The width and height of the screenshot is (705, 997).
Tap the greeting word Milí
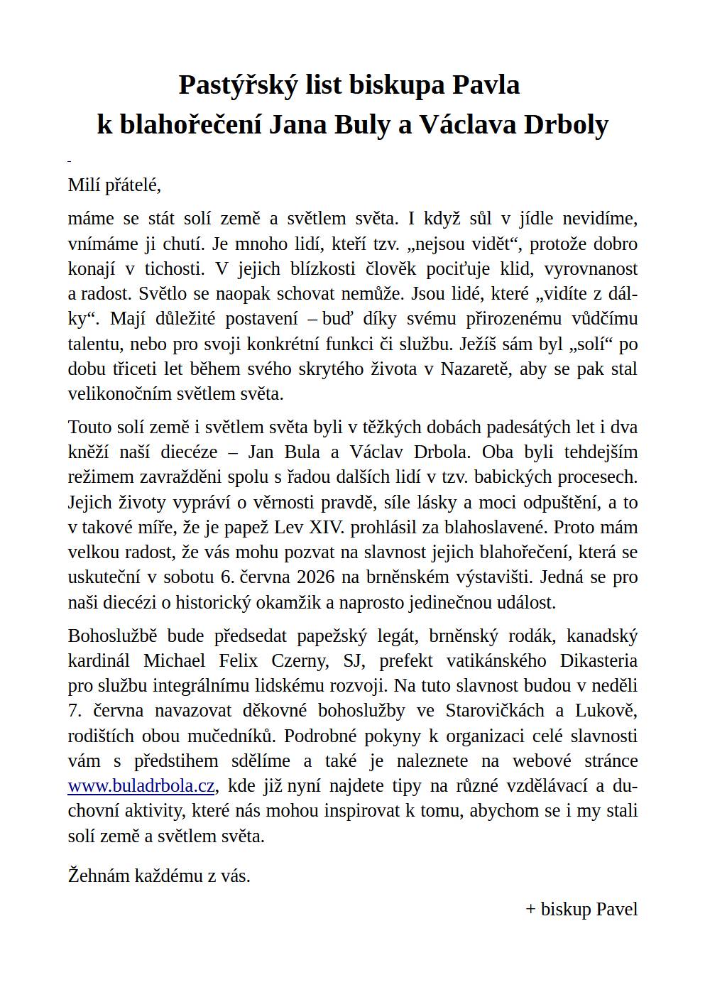[x=84, y=185]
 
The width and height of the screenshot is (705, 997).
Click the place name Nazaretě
[x=479, y=369]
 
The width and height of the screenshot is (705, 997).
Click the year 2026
[x=297, y=577]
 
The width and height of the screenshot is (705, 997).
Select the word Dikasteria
[x=599, y=660]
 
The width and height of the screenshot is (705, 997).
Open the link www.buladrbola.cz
[x=141, y=786]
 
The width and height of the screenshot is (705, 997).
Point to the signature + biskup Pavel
[x=581, y=910]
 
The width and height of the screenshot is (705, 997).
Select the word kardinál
[x=99, y=660]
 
